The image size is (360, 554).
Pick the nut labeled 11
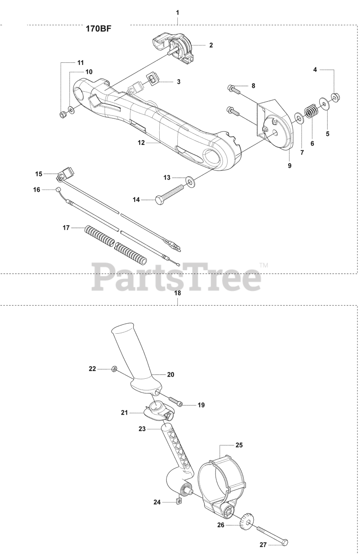tap(63, 115)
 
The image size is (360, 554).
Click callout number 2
tap(211, 45)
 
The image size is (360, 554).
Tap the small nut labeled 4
tap(335, 96)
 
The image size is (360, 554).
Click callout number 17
tap(66, 228)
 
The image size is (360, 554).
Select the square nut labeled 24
tap(178, 501)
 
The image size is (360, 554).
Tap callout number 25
tap(239, 445)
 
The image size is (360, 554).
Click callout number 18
tap(177, 293)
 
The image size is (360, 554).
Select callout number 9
tap(289, 165)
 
